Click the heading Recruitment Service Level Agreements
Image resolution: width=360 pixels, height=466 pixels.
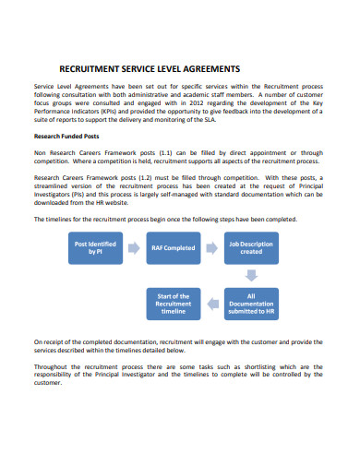[150, 68]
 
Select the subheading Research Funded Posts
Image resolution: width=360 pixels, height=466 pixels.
[72, 136]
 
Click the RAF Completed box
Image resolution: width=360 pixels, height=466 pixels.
[173, 247]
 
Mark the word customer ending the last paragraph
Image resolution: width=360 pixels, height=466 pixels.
[51, 382]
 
